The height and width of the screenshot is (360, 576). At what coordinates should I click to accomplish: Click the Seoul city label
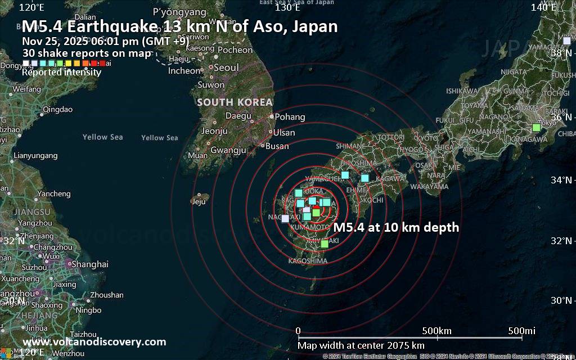[226, 67]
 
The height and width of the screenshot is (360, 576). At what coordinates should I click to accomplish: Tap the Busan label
[277, 146]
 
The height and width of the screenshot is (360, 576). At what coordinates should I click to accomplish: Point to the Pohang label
[290, 117]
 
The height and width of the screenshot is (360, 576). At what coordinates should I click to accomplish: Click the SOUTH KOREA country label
[235, 102]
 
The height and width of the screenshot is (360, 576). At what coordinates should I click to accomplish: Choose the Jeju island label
[199, 201]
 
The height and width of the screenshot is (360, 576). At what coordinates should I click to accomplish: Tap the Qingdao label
[57, 109]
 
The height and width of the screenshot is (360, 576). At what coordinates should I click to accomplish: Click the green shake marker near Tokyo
[536, 128]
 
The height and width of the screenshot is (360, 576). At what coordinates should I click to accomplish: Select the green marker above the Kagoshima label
[324, 244]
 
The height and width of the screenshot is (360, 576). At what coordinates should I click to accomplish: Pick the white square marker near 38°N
[566, 40]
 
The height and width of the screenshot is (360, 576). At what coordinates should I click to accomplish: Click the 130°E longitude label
[287, 7]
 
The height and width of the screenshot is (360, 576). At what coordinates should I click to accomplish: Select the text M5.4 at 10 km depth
[396, 228]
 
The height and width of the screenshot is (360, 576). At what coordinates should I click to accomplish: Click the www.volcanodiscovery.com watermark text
[94, 342]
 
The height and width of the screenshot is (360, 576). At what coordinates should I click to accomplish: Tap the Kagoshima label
[307, 261]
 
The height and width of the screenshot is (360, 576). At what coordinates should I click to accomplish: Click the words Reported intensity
[61, 72]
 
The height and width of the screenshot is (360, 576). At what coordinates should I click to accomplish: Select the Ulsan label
[284, 133]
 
